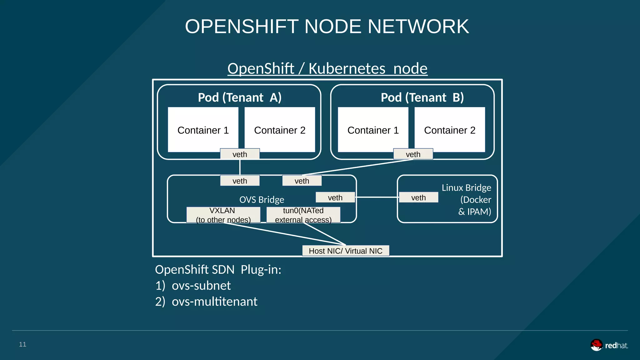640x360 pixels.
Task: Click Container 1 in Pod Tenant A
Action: (203, 130)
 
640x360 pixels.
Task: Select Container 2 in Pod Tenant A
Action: (280, 130)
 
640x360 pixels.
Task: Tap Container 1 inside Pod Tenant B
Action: (373, 130)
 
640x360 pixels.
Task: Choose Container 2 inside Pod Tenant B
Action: (450, 130)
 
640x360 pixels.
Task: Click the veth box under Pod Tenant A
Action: (240, 154)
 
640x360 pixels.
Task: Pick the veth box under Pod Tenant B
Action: (413, 154)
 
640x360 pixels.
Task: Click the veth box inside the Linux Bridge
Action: (418, 197)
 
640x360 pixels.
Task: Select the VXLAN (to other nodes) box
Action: (223, 215)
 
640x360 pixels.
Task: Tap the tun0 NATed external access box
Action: (303, 215)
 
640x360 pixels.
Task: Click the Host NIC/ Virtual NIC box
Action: (346, 251)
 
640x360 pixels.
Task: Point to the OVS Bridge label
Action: (262, 200)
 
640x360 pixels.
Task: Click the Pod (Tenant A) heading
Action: (240, 97)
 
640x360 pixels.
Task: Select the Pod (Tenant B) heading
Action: (422, 97)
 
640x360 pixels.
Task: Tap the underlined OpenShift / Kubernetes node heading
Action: (327, 68)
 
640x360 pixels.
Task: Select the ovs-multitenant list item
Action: (214, 302)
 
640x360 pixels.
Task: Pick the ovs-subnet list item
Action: (201, 286)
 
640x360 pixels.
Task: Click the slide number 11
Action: (22, 344)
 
